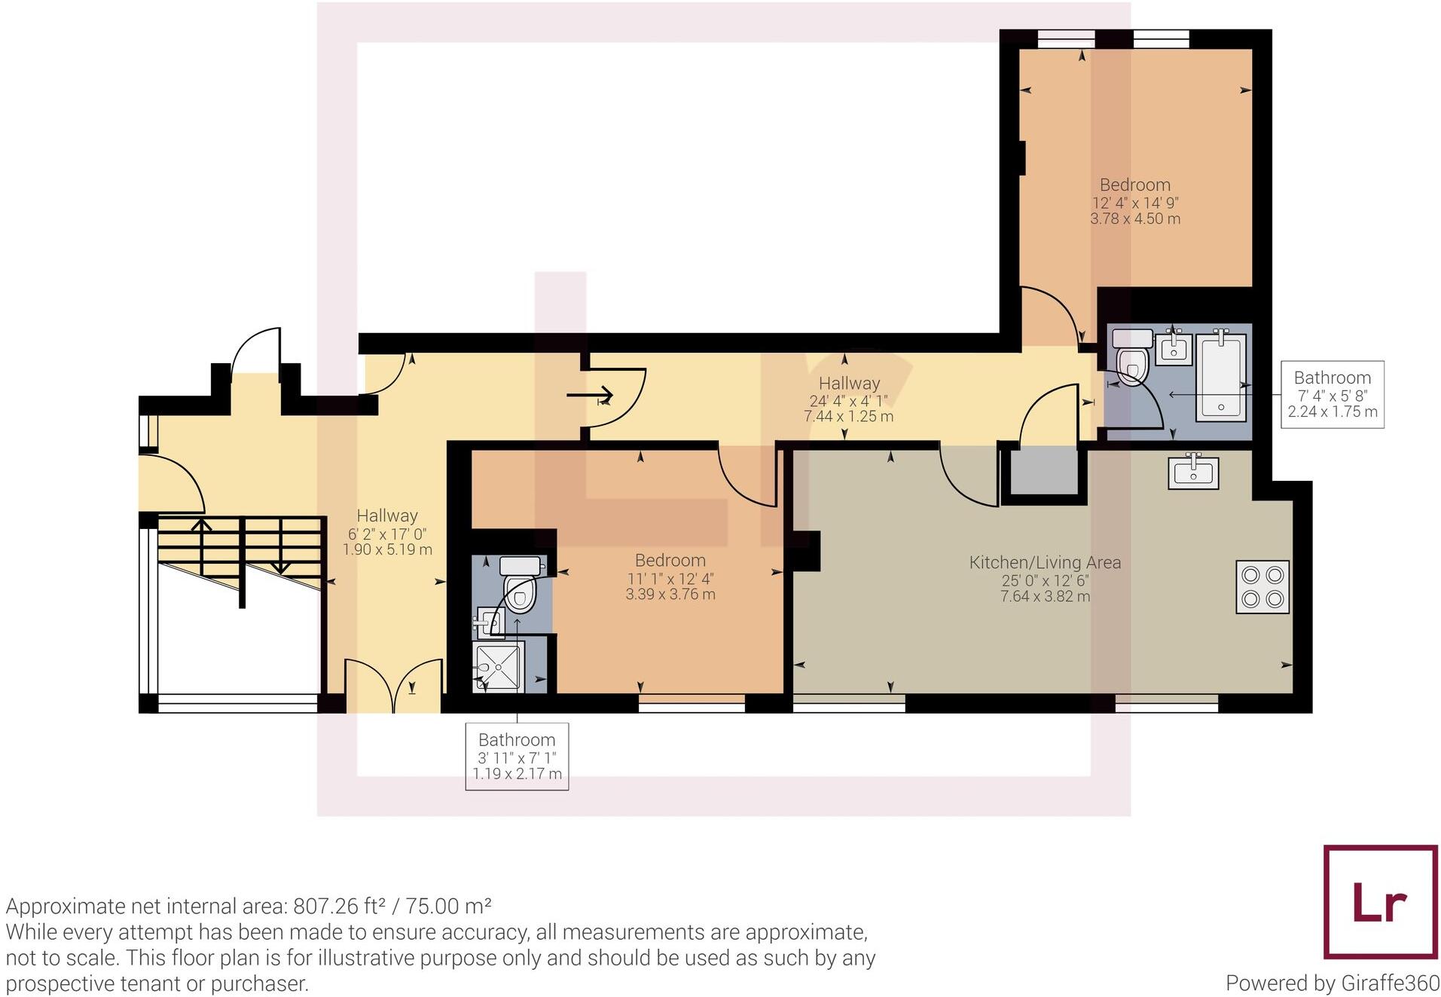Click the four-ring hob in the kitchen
[x=1262, y=586]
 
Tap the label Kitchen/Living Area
[x=1044, y=562]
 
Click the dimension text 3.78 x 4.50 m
[x=1134, y=219]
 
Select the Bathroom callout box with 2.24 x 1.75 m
[x=1332, y=394]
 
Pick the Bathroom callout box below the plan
[x=517, y=756]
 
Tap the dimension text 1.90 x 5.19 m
[x=387, y=549]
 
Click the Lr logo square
[x=1380, y=901]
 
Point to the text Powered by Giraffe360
[x=1332, y=983]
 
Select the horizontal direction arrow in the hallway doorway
[x=591, y=395]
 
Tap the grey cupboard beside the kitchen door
[x=1043, y=470]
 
